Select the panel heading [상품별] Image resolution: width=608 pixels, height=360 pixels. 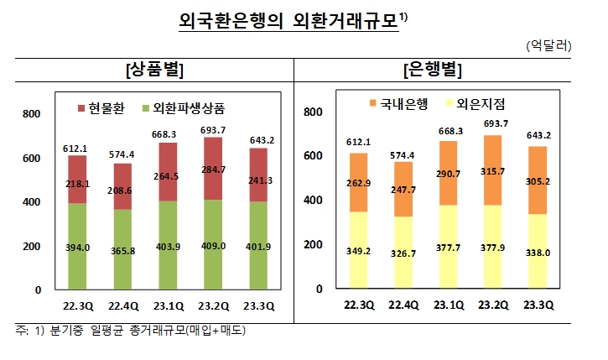153,70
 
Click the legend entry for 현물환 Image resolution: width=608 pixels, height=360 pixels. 103,108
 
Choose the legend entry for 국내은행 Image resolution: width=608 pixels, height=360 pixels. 398,104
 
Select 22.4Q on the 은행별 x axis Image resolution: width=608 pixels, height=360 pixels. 405,305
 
